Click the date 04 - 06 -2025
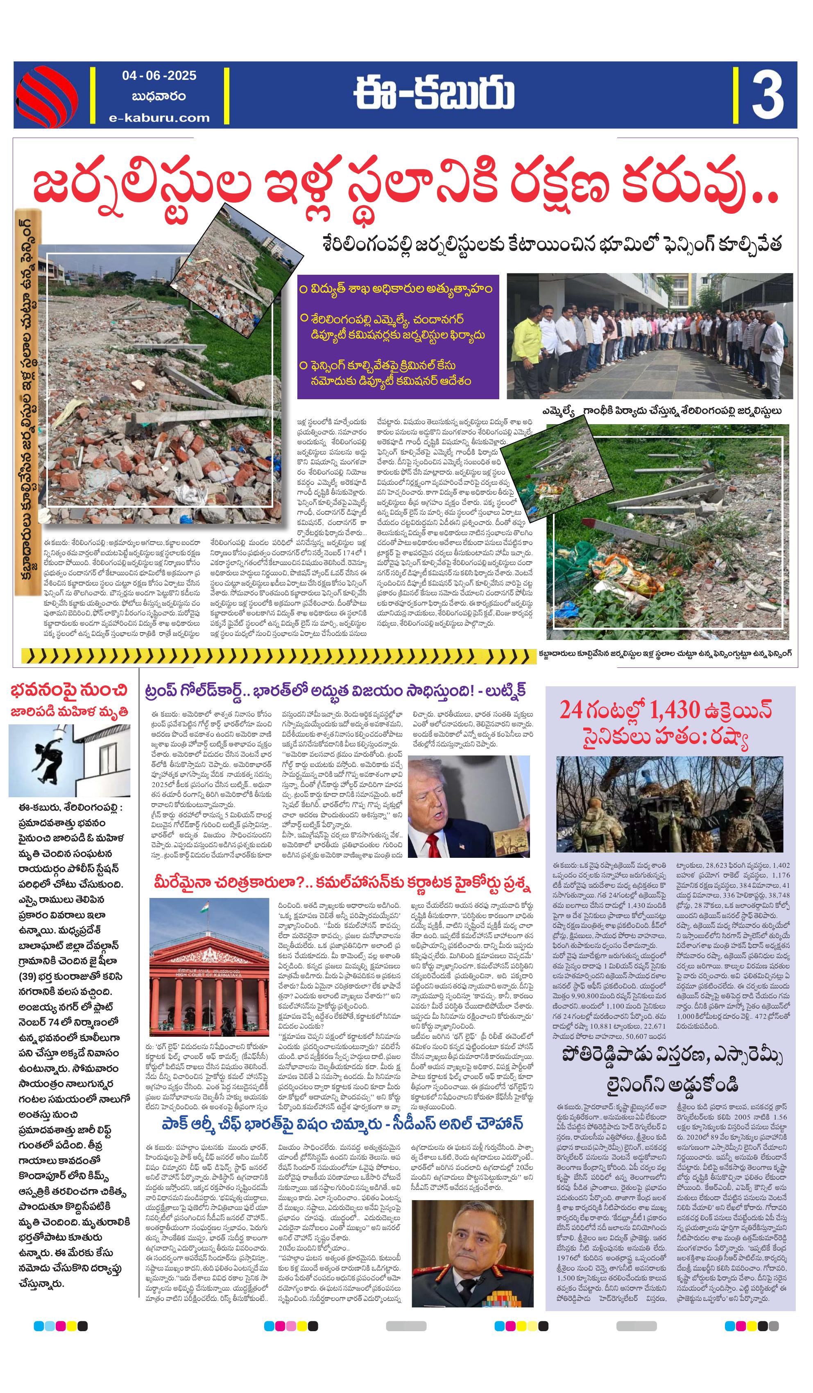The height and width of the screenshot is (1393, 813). click(x=159, y=76)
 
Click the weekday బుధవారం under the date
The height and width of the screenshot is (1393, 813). click(x=159, y=97)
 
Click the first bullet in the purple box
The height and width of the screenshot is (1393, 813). click(x=395, y=289)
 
